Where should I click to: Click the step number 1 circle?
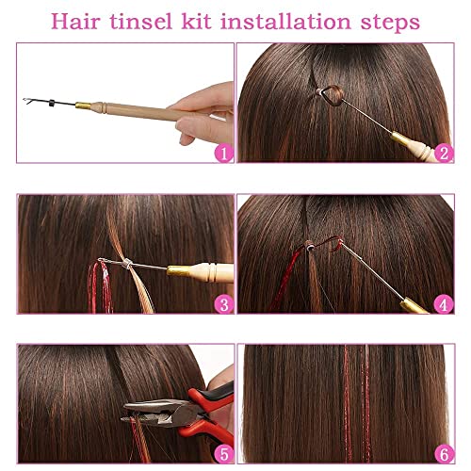pyautogui.click(x=221, y=153)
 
